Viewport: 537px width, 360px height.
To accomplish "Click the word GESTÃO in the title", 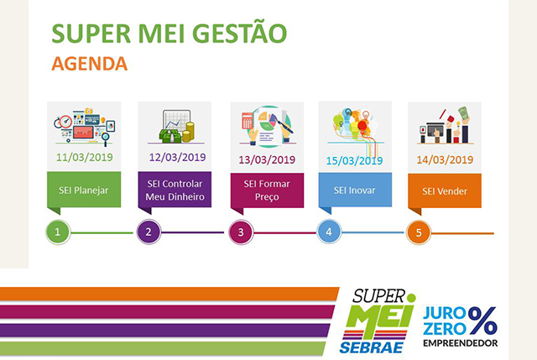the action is (239, 33).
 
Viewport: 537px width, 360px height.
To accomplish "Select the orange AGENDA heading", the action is (90, 64).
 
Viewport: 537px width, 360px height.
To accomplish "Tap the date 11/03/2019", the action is (85, 157).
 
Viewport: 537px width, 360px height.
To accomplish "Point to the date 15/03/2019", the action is (354, 160).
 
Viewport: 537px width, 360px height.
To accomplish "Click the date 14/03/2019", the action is (445, 159).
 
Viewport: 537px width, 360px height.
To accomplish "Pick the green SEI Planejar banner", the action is (84, 190).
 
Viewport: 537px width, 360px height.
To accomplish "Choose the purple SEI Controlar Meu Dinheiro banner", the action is (175, 190).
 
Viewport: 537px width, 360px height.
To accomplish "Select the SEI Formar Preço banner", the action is (267, 190).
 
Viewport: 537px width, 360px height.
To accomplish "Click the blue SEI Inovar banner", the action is (355, 190).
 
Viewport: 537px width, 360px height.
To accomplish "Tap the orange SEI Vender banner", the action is (445, 190).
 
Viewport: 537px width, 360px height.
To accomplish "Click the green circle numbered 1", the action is (58, 232).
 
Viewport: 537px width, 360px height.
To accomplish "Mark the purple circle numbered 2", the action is (149, 232).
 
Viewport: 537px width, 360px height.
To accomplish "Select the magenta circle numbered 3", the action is (241, 232).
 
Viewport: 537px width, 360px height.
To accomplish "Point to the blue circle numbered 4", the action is (329, 232).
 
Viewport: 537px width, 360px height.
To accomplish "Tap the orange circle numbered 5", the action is (419, 232).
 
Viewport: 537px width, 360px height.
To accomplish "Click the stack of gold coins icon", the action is (188, 132).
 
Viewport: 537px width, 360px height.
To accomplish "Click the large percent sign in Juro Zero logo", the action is (482, 321).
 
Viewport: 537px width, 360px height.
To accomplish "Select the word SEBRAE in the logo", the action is (371, 347).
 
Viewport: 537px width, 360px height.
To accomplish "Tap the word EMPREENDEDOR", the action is (461, 343).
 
